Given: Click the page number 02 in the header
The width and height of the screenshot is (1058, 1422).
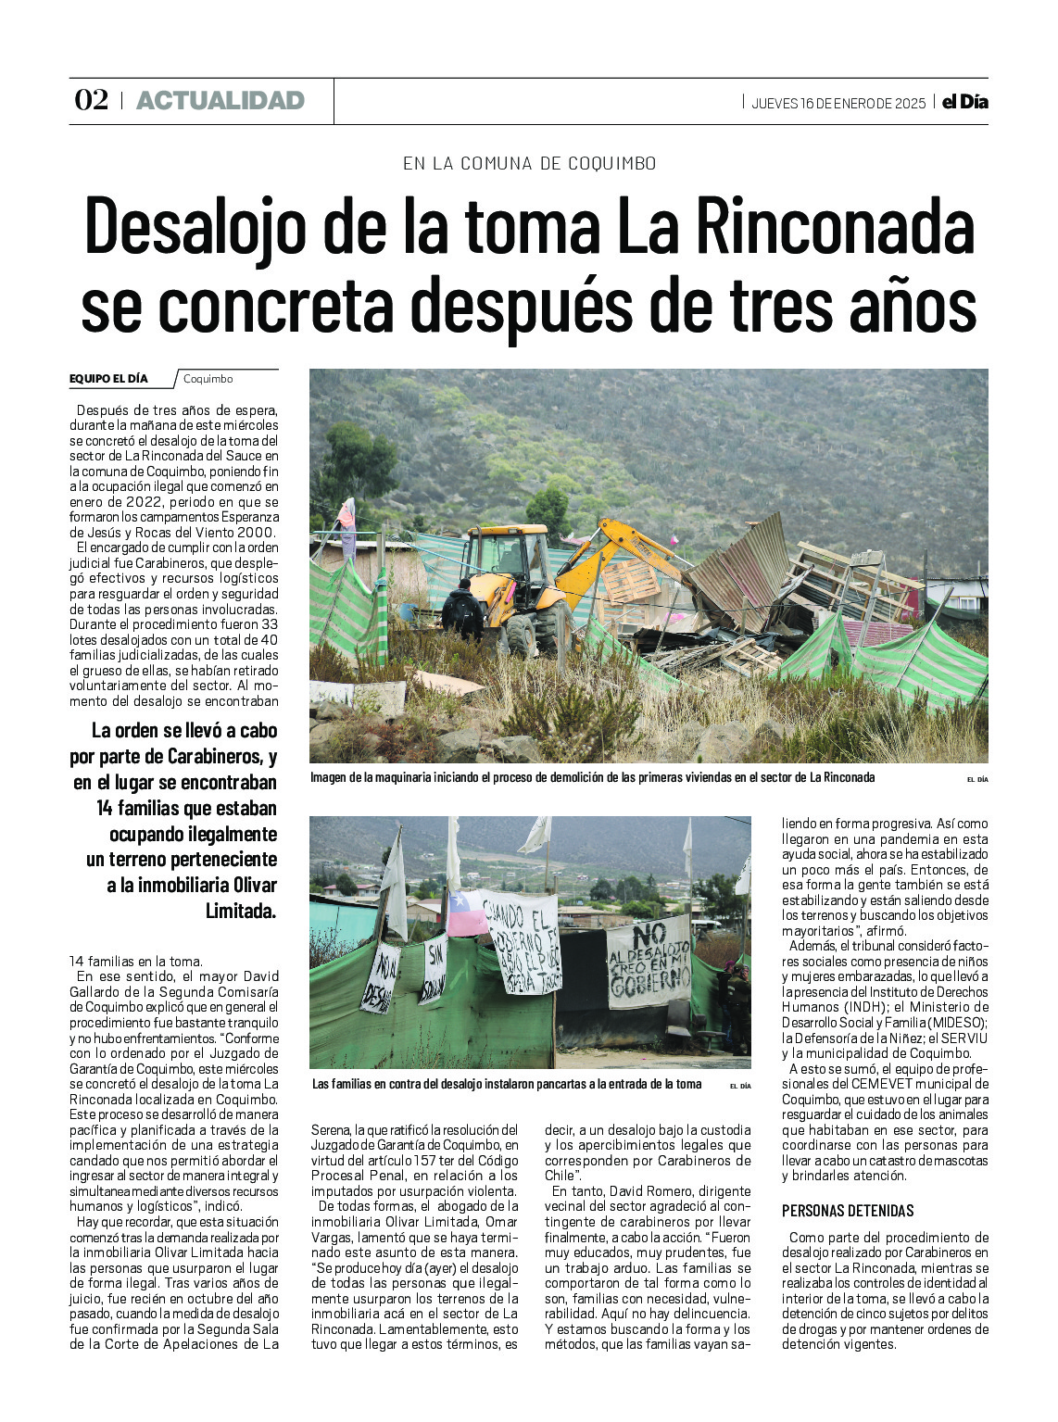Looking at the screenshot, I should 92,100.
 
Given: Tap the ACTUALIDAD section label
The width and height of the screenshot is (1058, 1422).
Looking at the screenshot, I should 220,100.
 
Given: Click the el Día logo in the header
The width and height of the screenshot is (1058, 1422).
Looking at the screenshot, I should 965,102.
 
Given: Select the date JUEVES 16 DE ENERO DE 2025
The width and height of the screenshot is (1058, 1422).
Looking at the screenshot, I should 838,103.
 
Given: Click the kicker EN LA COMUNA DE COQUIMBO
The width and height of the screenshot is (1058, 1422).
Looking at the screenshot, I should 529,164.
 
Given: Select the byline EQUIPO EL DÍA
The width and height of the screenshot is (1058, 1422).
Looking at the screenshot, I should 108,379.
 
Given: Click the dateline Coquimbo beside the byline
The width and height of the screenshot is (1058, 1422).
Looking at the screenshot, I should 208,379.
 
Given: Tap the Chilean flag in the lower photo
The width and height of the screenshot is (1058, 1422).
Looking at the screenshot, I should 468,913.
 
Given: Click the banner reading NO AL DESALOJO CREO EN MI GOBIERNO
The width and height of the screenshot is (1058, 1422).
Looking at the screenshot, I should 649,962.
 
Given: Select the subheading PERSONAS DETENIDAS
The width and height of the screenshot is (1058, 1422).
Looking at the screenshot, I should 848,1211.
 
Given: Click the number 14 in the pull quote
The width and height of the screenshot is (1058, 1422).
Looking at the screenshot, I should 106,808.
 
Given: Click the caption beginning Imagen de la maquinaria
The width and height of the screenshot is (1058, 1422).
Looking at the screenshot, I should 593,778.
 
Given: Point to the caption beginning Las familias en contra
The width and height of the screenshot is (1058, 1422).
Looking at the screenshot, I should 507,1084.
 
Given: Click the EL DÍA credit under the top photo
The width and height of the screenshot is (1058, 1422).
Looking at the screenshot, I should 977,780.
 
